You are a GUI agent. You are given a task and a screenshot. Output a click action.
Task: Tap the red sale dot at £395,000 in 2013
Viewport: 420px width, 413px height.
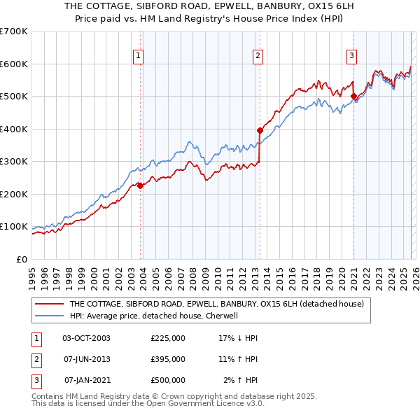tap(260, 130)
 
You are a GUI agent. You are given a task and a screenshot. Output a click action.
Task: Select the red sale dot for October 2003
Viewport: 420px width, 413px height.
tap(140, 185)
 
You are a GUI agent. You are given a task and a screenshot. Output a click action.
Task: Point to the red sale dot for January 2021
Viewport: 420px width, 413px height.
tap(353, 97)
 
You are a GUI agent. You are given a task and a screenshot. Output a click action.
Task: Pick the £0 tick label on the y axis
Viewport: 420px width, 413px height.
tap(21, 259)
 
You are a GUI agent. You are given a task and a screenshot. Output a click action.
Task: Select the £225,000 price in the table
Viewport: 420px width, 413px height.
tap(168, 338)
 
